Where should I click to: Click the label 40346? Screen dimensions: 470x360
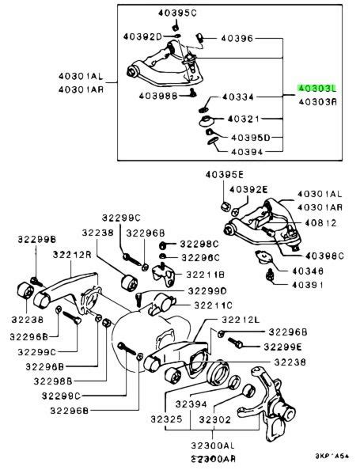click(x=307, y=271)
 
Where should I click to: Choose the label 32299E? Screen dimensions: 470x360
click(x=290, y=346)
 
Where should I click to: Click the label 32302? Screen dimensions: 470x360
click(x=215, y=419)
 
